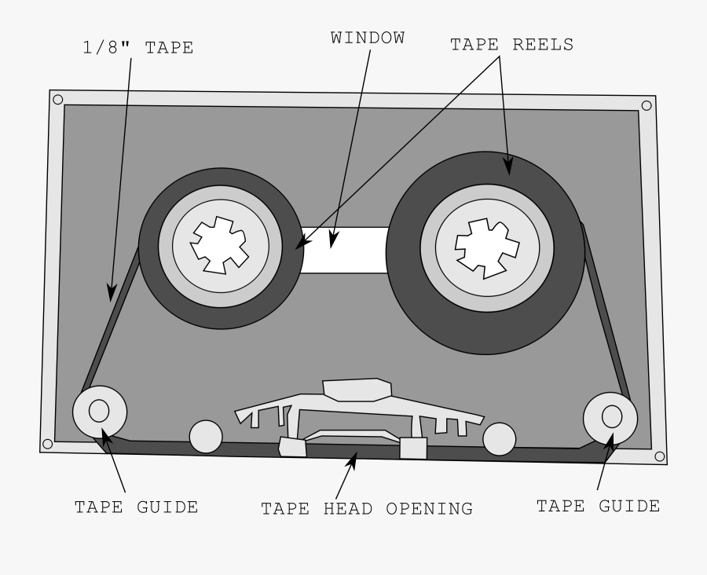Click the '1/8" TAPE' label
point(137,48)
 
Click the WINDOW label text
point(368,38)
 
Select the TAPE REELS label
point(511,45)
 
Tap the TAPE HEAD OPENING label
point(367,509)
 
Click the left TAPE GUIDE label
point(136,507)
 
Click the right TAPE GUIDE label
point(598,507)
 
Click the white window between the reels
point(346,250)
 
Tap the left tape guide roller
point(100,411)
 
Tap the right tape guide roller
point(611,417)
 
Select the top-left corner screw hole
point(57,99)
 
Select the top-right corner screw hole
point(647,105)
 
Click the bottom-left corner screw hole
point(48,444)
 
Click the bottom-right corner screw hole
point(659,456)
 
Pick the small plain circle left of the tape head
point(207,437)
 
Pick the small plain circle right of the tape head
point(499,439)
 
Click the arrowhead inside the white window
point(333,239)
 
